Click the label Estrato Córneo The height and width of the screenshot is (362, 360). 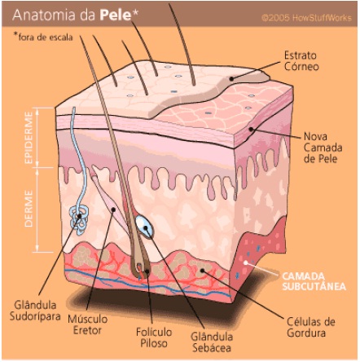tap(301, 61)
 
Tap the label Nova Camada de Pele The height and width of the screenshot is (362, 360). tap(323, 148)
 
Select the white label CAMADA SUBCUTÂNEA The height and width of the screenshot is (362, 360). tap(314, 281)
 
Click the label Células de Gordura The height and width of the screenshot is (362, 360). tap(311, 327)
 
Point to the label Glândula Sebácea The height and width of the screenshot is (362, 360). tap(212, 342)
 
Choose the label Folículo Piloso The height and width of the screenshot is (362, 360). tap(154, 338)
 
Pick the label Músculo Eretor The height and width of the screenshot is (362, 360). tap(88, 324)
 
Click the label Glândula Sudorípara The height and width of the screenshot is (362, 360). tap(35, 311)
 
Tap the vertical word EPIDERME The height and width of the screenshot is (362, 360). tap(29, 138)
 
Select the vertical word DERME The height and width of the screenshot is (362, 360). tap(29, 209)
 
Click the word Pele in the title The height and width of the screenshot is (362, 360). tap(116, 15)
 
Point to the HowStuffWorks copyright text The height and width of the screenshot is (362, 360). tap(306, 18)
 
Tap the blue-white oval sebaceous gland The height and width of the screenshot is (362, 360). tap(145, 227)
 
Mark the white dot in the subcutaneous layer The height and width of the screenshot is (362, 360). tap(245, 263)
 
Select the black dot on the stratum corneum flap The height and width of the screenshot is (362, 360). tap(231, 79)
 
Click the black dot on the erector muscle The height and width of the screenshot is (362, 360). tap(114, 210)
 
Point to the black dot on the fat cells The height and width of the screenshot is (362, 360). tap(202, 271)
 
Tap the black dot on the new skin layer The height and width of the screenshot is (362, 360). tap(251, 129)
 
